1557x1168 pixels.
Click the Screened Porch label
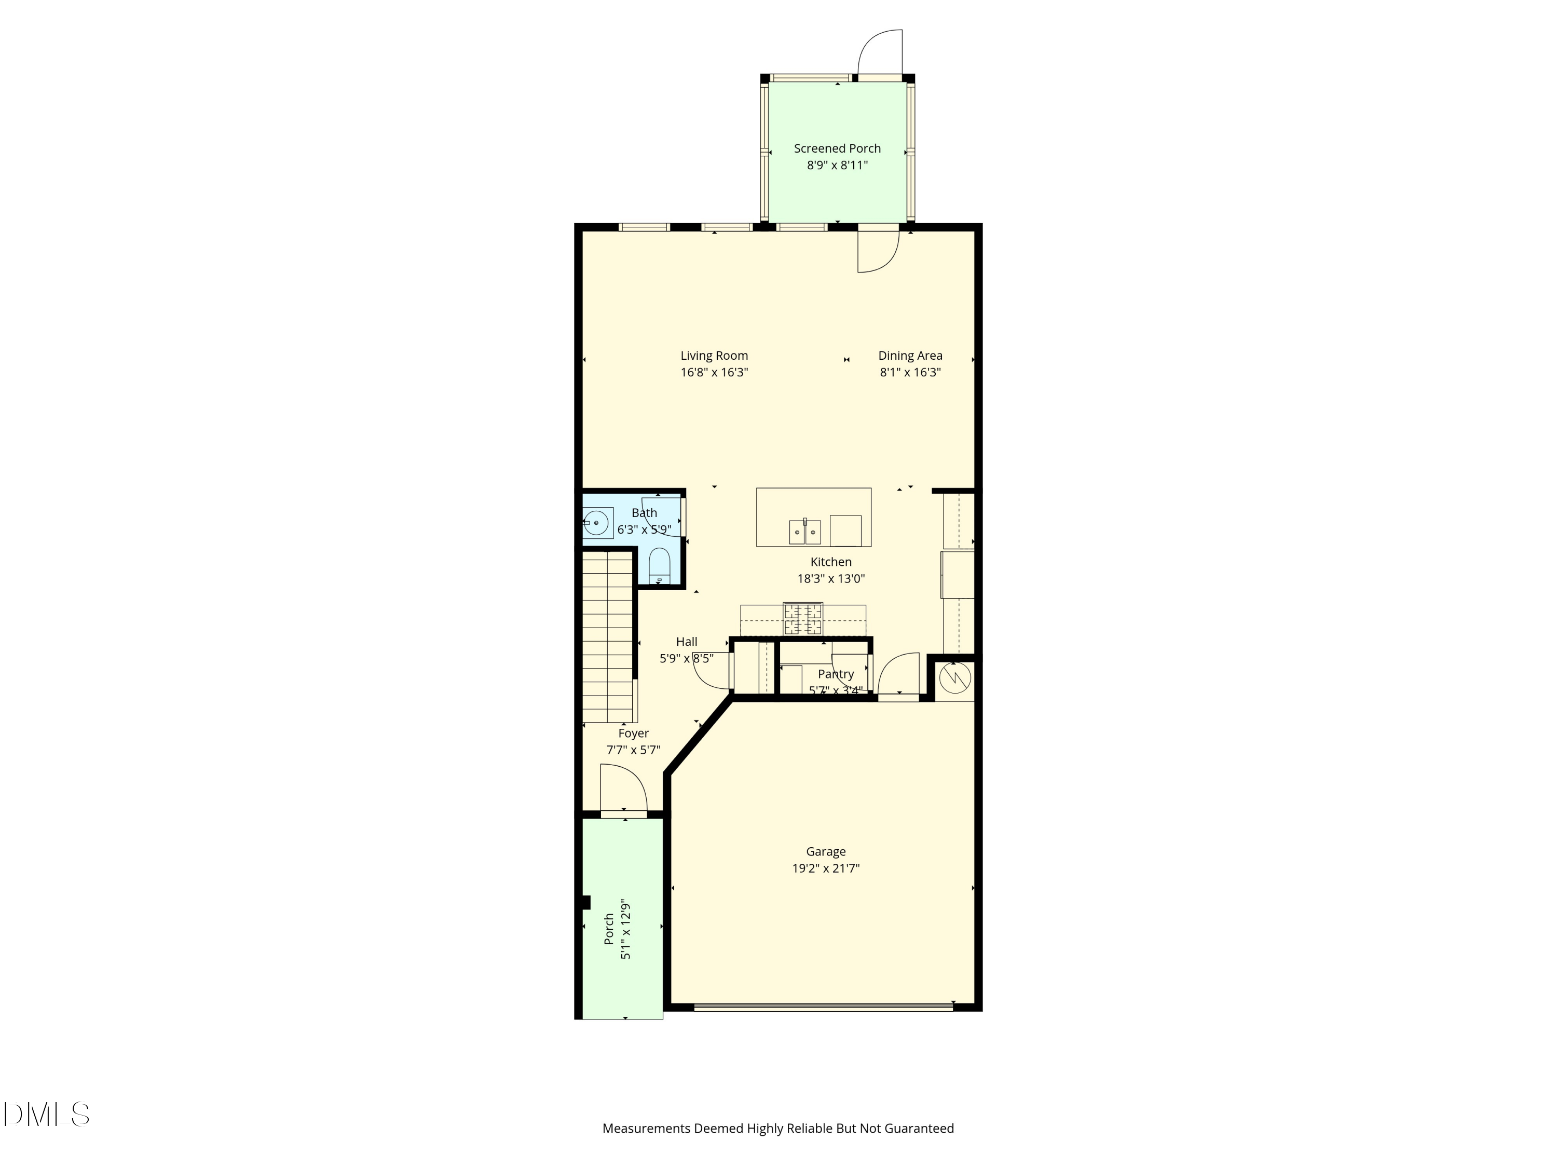tap(837, 148)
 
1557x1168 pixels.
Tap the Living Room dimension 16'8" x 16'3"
tap(714, 372)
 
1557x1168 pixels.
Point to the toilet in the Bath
tap(659, 565)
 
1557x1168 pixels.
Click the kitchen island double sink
tap(804, 532)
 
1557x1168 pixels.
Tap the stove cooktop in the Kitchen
tap(803, 619)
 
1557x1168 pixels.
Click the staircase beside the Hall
tap(607, 637)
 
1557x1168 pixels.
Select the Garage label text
tap(826, 851)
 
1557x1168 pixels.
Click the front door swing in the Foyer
tap(622, 788)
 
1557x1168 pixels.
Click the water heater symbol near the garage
tap(954, 678)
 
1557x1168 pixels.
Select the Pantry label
tap(836, 674)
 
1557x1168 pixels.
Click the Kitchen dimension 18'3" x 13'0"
tap(830, 579)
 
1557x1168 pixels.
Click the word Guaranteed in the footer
tap(919, 1129)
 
